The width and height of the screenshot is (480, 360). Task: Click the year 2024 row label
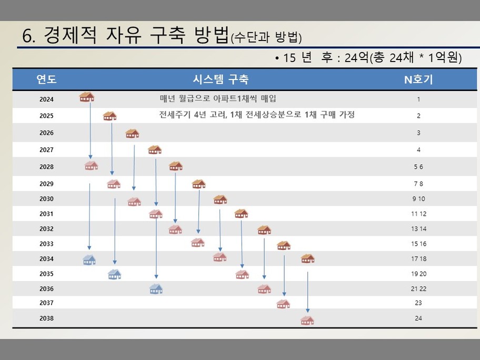46,99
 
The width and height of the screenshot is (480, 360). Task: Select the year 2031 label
46,214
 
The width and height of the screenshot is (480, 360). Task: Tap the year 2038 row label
46,318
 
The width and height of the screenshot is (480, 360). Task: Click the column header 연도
46,79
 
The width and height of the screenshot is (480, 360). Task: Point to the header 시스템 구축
221,79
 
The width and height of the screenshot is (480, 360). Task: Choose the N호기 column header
418,79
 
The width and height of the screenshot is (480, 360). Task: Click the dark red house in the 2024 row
87,97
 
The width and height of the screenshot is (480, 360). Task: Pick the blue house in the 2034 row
89,260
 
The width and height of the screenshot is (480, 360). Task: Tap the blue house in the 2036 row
156,288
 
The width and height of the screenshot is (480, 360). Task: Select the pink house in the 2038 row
307,320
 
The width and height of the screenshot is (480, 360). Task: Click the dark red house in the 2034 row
308,258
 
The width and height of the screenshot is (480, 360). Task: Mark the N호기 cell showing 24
418,318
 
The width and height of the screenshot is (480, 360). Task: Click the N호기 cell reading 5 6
418,167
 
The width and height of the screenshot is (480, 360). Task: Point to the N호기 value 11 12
418,214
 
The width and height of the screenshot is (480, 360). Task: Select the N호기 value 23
418,303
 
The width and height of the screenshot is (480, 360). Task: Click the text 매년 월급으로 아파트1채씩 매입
218,98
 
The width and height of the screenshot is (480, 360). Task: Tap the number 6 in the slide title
27,36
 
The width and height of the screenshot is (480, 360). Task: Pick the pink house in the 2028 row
91,166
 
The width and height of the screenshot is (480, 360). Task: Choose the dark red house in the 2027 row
155,149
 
